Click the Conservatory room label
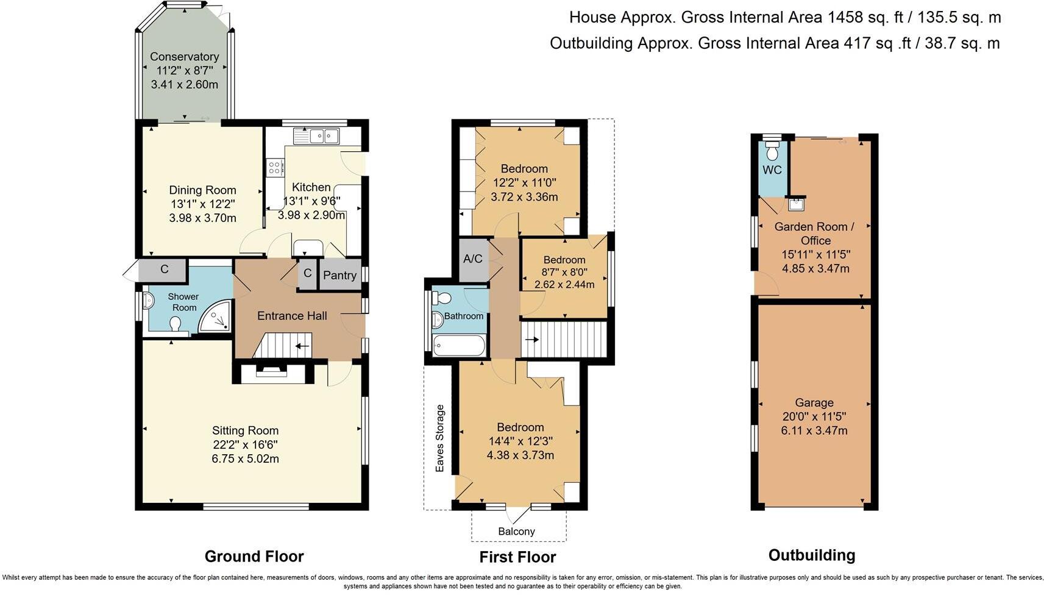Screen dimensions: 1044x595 click(x=185, y=57)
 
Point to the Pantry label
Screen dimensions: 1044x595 click(x=339, y=275)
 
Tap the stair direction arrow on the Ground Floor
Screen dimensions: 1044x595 click(x=302, y=346)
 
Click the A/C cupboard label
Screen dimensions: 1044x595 click(x=472, y=259)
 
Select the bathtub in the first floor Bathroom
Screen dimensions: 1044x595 click(x=459, y=346)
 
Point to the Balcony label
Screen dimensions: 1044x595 click(x=516, y=531)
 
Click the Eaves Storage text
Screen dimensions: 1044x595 click(x=439, y=438)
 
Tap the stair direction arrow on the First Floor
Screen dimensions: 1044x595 click(x=532, y=340)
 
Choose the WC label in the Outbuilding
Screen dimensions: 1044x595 click(x=772, y=170)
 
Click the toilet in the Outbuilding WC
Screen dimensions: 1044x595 click(x=772, y=149)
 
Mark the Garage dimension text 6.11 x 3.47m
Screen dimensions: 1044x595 click(x=814, y=430)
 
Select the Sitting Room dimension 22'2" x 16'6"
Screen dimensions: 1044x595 click(x=245, y=444)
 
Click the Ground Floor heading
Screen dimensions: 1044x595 click(x=254, y=557)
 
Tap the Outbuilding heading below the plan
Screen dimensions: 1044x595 click(x=812, y=555)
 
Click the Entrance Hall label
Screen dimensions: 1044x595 click(x=292, y=316)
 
